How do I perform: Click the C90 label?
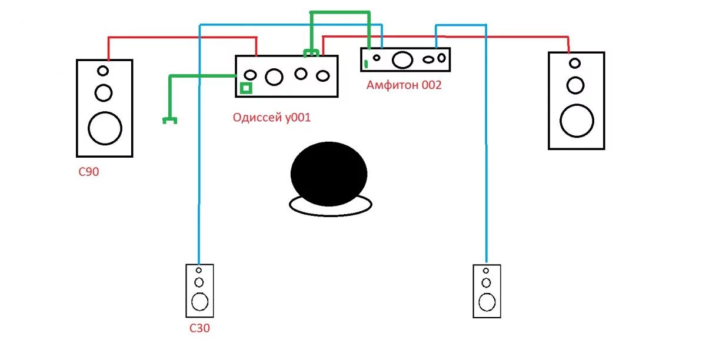coord(89,172)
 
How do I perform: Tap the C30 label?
coord(199,328)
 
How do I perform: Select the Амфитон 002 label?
coord(404,85)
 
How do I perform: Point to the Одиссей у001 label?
coord(272,117)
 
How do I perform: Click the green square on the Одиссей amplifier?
coord(246,88)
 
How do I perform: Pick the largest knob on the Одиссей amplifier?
coord(274,77)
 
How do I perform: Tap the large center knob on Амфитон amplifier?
coord(402,59)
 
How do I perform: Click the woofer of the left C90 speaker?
coord(105,128)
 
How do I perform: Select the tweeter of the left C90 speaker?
coord(103,71)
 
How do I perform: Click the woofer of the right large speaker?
coord(577,121)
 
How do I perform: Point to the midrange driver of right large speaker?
coord(575,85)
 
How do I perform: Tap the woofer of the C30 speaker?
coord(200,302)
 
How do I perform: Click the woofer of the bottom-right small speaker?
coord(487,302)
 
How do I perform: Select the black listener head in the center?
coord(329,174)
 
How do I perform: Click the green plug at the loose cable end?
coord(170,121)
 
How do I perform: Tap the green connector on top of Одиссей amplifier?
coord(311,54)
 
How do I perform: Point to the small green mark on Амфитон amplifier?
coord(365,64)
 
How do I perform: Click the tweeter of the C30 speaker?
coord(199,270)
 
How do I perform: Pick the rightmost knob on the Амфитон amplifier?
coord(442,58)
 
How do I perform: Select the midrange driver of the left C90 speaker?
coord(104,93)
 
